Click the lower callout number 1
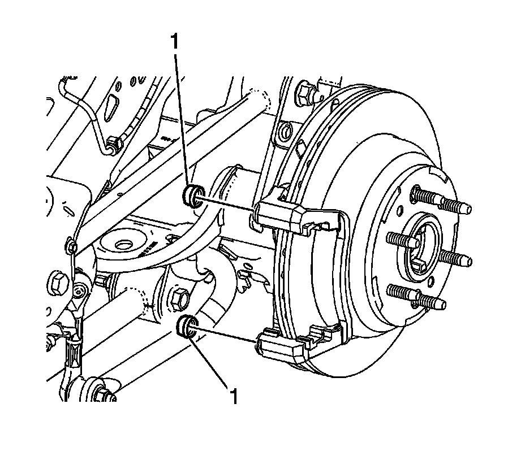(233, 396)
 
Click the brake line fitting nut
(113, 144)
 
